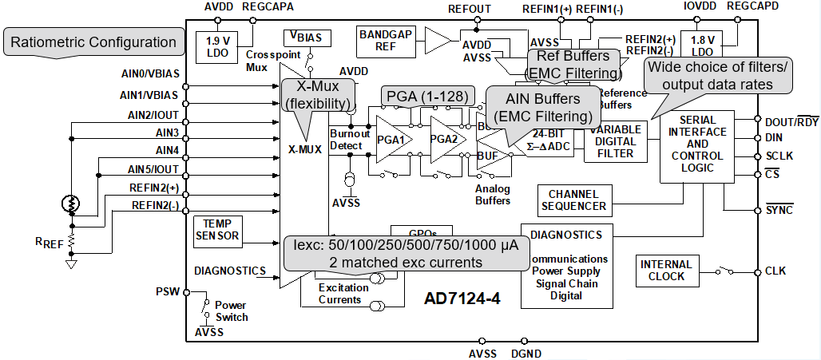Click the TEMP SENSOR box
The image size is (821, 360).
tap(216, 230)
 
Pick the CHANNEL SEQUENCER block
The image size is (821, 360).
tap(573, 200)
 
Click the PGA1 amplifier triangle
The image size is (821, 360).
tap(393, 138)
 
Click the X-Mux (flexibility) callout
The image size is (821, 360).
tap(317, 95)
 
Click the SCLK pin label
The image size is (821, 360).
tap(779, 155)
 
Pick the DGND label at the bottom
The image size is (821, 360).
tap(525, 353)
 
